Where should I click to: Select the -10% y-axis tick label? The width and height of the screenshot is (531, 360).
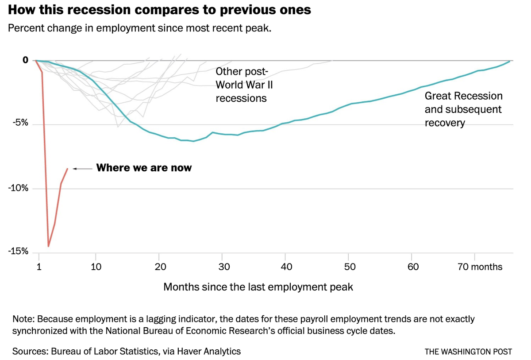click(x=18, y=188)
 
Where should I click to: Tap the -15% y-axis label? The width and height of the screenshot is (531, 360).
click(x=18, y=252)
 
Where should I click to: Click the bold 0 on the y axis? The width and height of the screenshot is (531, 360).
click(x=25, y=60)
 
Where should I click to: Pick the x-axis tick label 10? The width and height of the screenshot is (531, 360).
click(x=96, y=267)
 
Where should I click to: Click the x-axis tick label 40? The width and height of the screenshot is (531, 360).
click(x=286, y=267)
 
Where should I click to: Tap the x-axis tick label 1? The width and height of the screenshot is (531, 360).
click(x=39, y=267)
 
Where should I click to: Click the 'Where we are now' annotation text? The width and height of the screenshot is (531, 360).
click(x=144, y=168)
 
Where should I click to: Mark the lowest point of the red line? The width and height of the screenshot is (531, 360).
click(x=48, y=246)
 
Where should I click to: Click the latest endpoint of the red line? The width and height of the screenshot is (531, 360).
click(x=67, y=169)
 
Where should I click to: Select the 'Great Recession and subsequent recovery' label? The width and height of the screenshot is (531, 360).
click(x=463, y=109)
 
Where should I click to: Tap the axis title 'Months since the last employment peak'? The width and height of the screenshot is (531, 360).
click(x=258, y=287)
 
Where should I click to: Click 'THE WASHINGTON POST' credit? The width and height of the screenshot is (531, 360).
click(x=468, y=352)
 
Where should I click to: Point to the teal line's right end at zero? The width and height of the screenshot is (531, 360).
click(x=509, y=61)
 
